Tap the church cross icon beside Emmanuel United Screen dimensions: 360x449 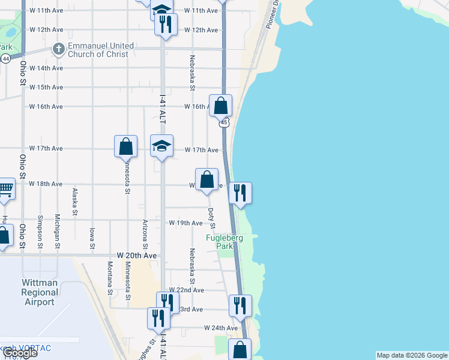pos(59,49)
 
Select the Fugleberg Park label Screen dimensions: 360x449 pos(224,242)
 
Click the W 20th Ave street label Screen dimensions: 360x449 pos(137,256)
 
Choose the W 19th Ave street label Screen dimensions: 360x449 pos(185,223)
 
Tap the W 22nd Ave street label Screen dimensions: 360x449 pos(187,290)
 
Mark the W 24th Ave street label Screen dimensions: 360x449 pos(221,328)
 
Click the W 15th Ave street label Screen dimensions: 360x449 pos(46,87)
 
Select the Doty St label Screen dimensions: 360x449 pos(211,218)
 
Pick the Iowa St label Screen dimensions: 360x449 pos(92,238)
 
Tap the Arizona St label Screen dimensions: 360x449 pos(145,234)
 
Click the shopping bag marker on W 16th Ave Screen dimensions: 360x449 pos(221,106)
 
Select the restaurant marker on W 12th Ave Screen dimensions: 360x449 pos(164,24)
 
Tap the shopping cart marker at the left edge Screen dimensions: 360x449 pos(5,189)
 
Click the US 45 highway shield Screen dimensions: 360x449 pos(223,122)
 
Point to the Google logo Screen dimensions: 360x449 pos(20,353)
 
